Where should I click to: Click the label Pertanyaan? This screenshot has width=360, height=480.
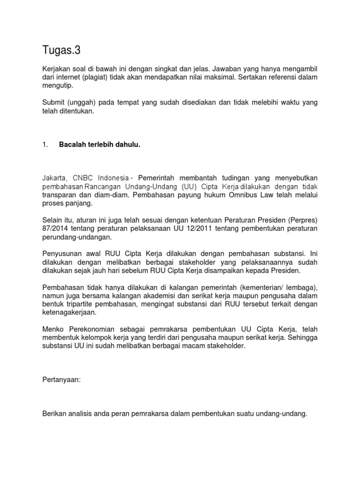[61, 368]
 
